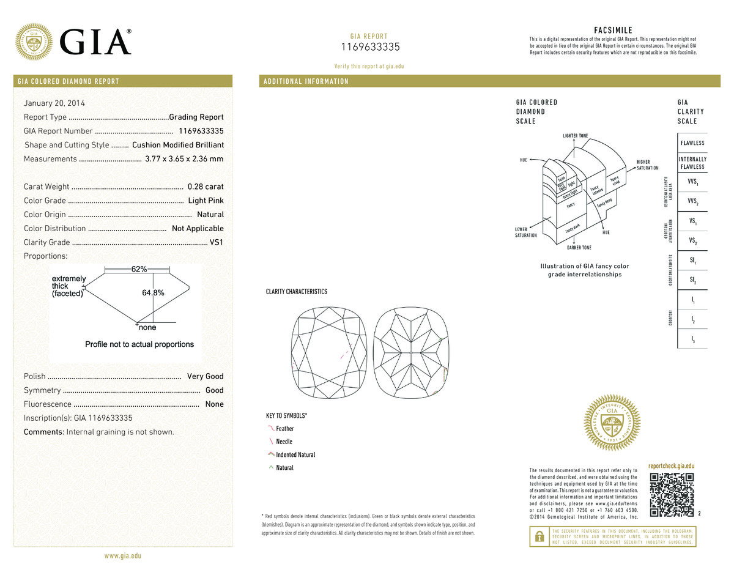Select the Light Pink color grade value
(x=206, y=201)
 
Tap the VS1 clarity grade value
(x=217, y=242)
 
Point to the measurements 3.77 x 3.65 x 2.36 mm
(x=184, y=159)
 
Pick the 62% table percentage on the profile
(x=139, y=269)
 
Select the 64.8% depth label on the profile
(x=153, y=293)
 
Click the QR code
(x=672, y=495)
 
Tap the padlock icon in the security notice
(x=539, y=536)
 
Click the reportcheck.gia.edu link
(x=671, y=466)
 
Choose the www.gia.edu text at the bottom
(x=123, y=556)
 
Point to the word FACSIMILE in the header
(x=613, y=31)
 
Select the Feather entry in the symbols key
(x=284, y=429)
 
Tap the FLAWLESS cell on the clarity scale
(x=692, y=143)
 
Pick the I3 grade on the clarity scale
(x=692, y=339)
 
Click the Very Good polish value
(x=206, y=376)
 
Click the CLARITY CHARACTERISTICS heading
(x=296, y=292)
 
